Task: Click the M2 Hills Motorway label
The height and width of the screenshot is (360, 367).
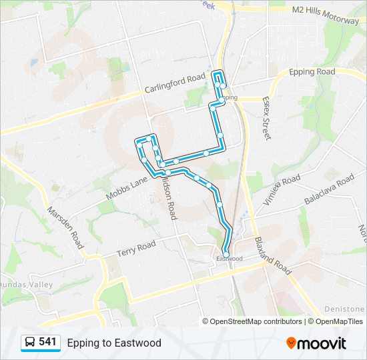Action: (x=326, y=11)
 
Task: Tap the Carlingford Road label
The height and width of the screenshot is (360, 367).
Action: (x=176, y=83)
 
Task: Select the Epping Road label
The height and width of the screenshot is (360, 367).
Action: (x=312, y=72)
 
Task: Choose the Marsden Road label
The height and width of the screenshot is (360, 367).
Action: (x=65, y=227)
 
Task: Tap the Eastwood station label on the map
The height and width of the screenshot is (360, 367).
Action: (x=230, y=258)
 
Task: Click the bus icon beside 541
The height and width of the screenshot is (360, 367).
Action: (x=30, y=342)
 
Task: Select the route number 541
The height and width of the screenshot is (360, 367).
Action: (x=48, y=342)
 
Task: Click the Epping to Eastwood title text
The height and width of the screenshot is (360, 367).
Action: (x=114, y=343)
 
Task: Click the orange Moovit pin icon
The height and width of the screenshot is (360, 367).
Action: (x=292, y=343)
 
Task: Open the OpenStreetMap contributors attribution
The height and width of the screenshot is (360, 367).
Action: (x=256, y=321)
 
